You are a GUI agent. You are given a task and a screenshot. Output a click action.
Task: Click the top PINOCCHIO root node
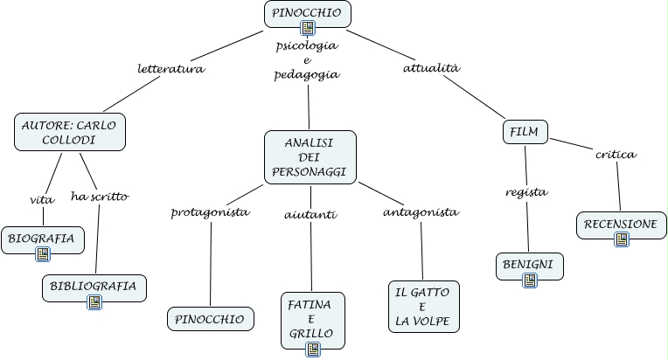(x=307, y=13)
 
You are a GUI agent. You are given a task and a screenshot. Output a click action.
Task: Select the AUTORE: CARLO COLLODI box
(x=71, y=132)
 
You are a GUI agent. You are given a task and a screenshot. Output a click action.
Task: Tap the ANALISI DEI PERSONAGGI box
(x=310, y=157)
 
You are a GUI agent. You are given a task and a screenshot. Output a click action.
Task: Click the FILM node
(x=525, y=133)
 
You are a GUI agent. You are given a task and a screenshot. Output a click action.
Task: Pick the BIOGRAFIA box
(x=42, y=238)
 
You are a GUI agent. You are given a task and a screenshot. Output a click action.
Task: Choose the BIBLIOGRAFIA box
(x=94, y=287)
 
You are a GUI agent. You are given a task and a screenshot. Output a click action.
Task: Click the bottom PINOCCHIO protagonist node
(x=211, y=319)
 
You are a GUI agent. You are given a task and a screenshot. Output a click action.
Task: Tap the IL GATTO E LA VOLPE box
(x=423, y=308)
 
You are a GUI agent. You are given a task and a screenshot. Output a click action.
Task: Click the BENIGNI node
(x=530, y=263)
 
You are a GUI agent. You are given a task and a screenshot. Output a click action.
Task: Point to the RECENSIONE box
(x=620, y=224)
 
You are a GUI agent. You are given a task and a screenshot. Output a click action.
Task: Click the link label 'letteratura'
(x=171, y=69)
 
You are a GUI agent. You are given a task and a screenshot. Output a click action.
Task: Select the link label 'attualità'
(x=431, y=67)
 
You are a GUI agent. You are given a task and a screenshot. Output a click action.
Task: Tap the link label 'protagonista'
(x=210, y=212)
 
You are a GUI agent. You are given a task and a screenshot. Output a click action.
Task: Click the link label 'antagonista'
(x=421, y=212)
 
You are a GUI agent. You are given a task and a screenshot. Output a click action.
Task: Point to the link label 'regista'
(x=527, y=192)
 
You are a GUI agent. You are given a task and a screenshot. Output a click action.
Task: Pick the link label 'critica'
(x=616, y=155)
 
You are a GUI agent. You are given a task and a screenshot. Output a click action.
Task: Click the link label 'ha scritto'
(x=100, y=196)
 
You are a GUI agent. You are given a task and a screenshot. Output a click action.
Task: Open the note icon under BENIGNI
(x=530, y=280)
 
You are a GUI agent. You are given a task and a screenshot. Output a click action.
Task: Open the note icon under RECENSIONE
(x=621, y=239)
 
